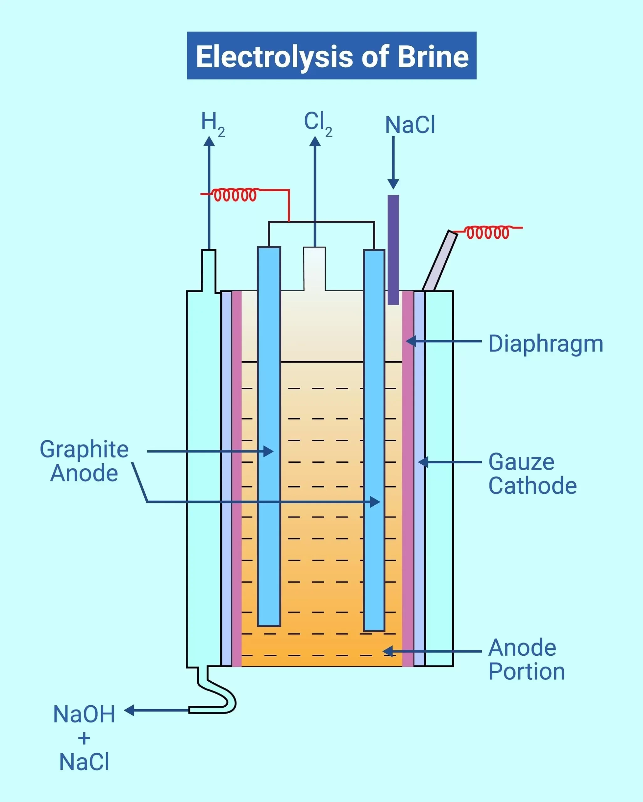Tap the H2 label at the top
pyautogui.click(x=212, y=123)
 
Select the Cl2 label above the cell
pyautogui.click(x=318, y=123)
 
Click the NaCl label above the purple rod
pyautogui.click(x=410, y=125)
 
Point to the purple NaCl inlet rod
pyautogui.click(x=393, y=249)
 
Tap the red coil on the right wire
pyautogui.click(x=487, y=232)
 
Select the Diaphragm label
pyautogui.click(x=545, y=344)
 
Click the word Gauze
pyautogui.click(x=521, y=462)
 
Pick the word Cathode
pyautogui.click(x=532, y=486)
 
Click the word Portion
pyautogui.click(x=526, y=671)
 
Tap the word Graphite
pyautogui.click(x=84, y=449)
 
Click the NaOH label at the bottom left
pyautogui.click(x=84, y=714)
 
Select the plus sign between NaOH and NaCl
pyautogui.click(x=85, y=738)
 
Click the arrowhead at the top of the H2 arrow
pyautogui.click(x=209, y=142)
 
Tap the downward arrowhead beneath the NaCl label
pyautogui.click(x=393, y=184)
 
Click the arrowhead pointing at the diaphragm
pyautogui.click(x=411, y=341)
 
